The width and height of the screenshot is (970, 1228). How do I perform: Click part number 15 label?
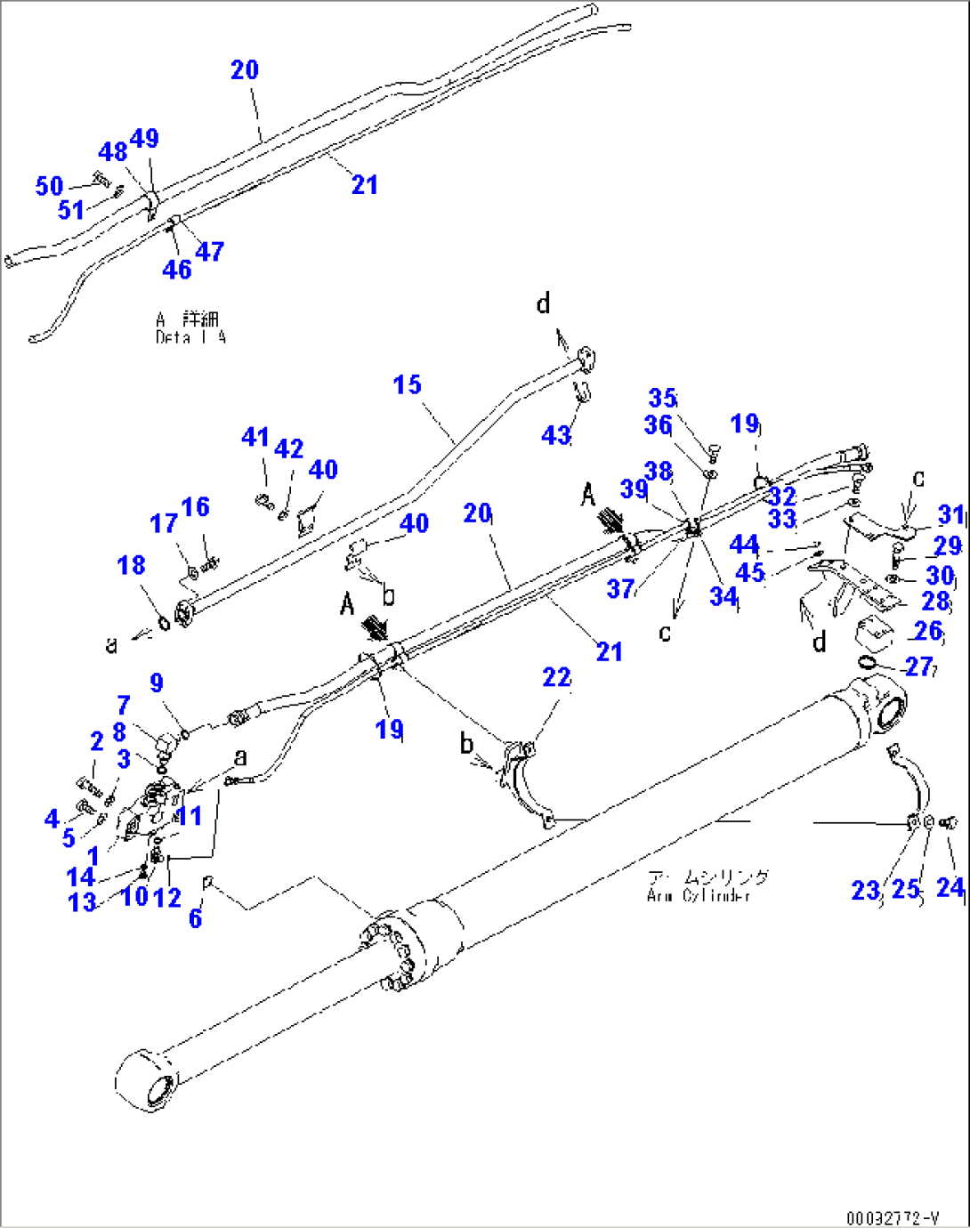407,384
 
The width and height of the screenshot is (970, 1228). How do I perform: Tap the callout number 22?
556,677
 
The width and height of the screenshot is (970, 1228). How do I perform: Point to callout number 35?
662,397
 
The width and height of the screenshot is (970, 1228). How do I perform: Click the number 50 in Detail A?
49,185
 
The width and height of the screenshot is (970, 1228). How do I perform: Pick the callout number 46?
176,269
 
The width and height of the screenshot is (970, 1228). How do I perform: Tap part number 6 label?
195,917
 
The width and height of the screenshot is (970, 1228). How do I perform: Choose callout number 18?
131,565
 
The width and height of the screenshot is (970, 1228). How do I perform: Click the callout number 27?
918,667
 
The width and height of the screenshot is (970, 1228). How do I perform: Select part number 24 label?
950,887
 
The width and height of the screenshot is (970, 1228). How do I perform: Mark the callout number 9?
157,683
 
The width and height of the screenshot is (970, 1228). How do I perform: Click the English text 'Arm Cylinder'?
699,895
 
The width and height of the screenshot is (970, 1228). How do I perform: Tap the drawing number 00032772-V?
892,1216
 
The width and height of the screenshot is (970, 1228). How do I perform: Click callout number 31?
951,514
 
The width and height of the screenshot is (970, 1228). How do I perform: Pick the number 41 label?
255,437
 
